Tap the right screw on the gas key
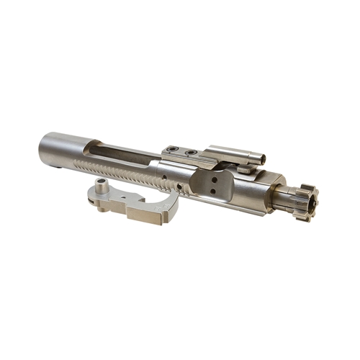[x=190, y=153]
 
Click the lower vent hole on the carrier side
[x=213, y=192]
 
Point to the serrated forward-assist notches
[x=133, y=174]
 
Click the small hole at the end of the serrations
[x=168, y=176]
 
